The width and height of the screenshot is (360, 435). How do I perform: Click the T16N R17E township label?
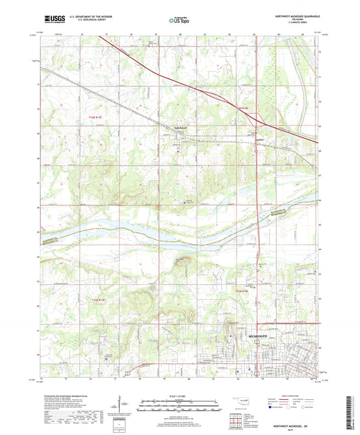click(99, 116)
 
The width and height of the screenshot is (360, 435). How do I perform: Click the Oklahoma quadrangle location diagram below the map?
click(242, 403)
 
